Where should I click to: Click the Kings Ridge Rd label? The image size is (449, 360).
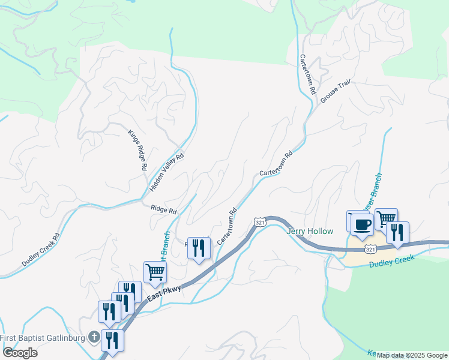point(137,149)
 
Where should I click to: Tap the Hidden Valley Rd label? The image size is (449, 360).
point(167,173)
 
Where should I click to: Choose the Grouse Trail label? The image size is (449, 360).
point(335,92)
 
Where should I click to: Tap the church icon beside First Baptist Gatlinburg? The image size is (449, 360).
point(94,337)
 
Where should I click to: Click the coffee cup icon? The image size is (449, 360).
point(361,224)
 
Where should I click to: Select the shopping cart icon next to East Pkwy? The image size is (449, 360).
point(155,272)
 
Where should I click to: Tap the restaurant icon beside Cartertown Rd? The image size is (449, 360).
point(199,248)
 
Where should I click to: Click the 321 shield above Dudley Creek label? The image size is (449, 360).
point(370,249)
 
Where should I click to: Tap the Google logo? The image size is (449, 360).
point(20,353)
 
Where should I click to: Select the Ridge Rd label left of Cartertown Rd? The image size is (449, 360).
point(164,211)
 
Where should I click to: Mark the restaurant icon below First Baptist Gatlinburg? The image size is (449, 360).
point(112,341)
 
